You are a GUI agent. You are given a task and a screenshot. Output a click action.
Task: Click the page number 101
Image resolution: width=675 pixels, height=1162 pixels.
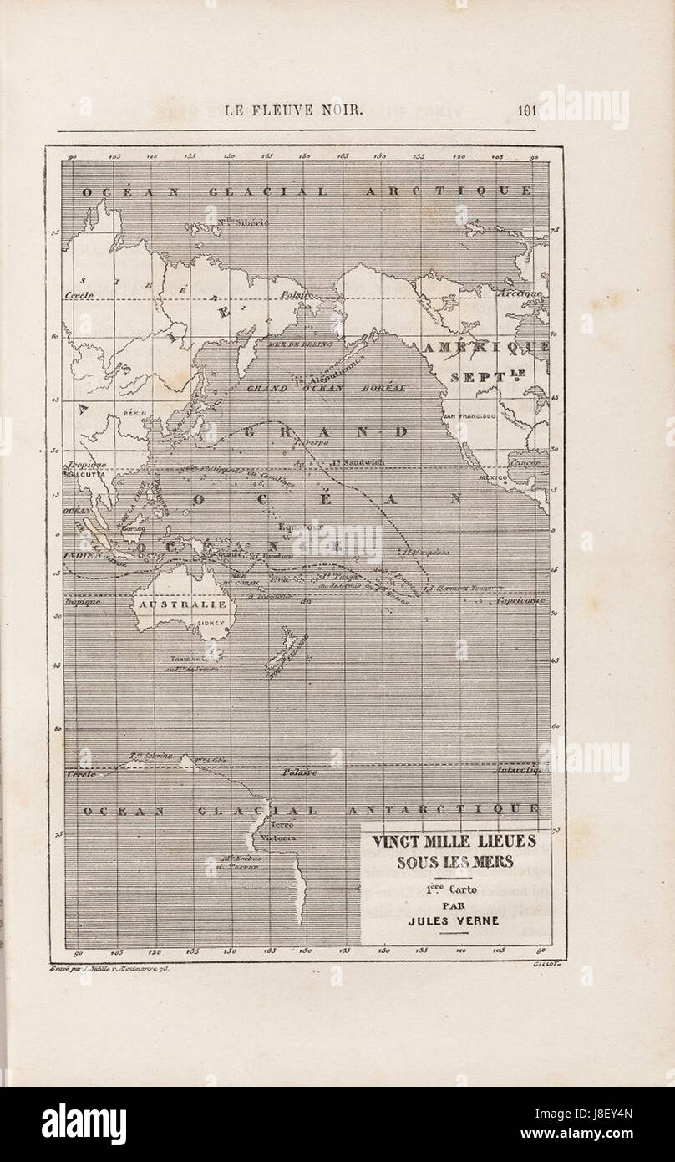tap(526, 110)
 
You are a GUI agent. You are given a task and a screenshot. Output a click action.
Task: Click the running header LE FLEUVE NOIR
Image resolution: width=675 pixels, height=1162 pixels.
tap(294, 110)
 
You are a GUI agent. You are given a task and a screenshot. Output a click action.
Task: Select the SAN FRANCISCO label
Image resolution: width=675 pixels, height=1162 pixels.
tap(470, 415)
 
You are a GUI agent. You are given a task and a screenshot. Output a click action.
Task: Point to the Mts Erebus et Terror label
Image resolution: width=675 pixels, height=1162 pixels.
tap(242, 863)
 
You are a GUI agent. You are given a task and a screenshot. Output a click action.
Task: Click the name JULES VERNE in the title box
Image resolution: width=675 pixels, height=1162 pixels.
tap(454, 921)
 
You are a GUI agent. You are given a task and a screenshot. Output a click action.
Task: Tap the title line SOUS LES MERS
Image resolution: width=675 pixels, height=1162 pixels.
tap(454, 863)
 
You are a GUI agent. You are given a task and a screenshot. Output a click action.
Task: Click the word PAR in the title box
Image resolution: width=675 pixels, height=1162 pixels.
tap(454, 904)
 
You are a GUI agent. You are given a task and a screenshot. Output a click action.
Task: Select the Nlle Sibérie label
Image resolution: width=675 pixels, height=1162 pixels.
tap(243, 222)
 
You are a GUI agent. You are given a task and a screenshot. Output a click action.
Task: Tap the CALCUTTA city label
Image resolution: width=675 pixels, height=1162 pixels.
tap(82, 473)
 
